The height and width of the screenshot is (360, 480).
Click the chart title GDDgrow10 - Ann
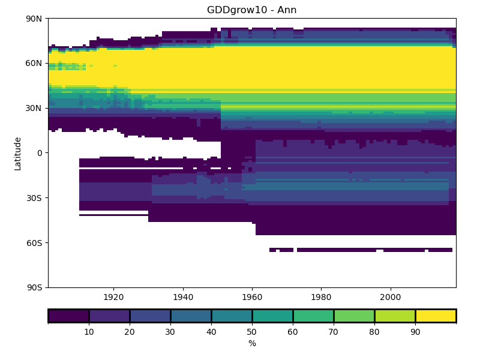252,10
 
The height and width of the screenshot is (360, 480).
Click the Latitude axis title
18,153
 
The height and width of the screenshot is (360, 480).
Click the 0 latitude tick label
40,153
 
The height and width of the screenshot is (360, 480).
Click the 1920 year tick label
113,297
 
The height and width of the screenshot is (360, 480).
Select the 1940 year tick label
183,297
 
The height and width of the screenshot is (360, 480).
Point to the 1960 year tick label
252,297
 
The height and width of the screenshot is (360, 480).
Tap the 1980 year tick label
322,297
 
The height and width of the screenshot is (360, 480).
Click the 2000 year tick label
391,297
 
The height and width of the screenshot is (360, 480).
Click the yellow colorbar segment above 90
436,316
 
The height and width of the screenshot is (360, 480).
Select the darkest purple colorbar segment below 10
68,316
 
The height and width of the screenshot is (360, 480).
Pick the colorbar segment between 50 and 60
272,316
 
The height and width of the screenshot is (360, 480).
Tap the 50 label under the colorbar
252,331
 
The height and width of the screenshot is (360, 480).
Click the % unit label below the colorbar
252,344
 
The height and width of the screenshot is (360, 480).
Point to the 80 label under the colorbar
374,331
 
